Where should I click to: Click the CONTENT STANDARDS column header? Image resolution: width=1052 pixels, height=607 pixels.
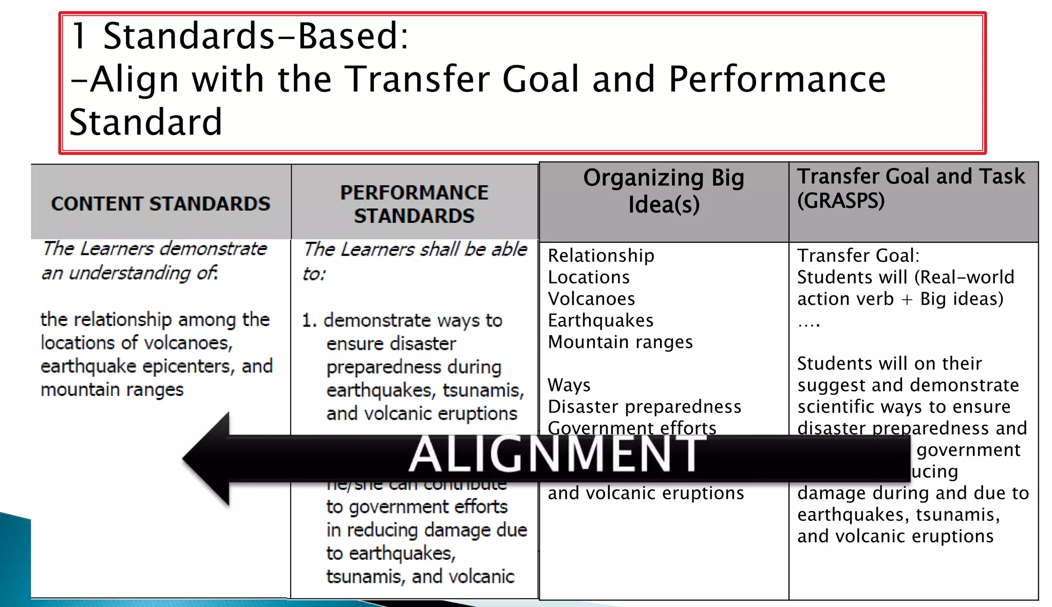pyautogui.click(x=160, y=204)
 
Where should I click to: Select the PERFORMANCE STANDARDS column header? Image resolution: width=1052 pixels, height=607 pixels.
pyautogui.click(x=414, y=204)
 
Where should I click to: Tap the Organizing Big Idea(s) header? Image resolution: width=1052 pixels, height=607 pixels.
pyautogui.click(x=663, y=191)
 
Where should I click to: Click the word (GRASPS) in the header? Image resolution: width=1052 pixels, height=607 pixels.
pyautogui.click(x=840, y=201)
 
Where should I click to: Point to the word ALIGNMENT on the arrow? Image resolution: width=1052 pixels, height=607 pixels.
pyautogui.click(x=557, y=454)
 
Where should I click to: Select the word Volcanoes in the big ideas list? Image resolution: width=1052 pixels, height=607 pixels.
pyautogui.click(x=591, y=299)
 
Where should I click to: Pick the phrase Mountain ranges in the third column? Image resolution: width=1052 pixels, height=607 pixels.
pyautogui.click(x=620, y=342)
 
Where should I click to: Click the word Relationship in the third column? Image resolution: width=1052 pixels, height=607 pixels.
pyautogui.click(x=601, y=256)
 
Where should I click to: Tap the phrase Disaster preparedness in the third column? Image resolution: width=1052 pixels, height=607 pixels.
pyautogui.click(x=644, y=407)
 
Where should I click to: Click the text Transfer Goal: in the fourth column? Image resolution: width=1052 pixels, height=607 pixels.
pyautogui.click(x=858, y=256)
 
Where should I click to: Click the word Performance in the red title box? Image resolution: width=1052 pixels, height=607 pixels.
pyautogui.click(x=777, y=80)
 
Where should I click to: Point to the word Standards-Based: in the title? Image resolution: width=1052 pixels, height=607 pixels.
pyautogui.click(x=255, y=36)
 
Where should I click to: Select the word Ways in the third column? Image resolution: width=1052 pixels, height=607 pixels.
pyautogui.click(x=569, y=385)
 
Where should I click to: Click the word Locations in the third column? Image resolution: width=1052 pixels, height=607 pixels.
pyautogui.click(x=589, y=277)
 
